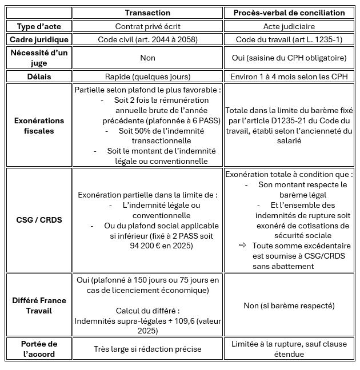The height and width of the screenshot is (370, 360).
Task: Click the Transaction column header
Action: pos(147,13)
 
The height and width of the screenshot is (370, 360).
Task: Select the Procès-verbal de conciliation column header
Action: pos(289,13)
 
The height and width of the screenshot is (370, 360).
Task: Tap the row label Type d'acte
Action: pos(39,26)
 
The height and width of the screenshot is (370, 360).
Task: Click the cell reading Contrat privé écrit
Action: pos(147,26)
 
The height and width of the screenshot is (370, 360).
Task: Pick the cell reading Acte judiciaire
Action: pos(289,26)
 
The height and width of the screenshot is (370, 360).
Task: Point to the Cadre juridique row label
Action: pos(39,39)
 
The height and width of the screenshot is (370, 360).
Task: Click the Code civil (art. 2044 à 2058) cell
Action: pos(147,39)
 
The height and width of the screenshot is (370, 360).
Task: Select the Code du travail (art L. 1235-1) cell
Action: pos(289,39)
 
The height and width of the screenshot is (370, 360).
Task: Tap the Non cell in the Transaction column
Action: pos(147,58)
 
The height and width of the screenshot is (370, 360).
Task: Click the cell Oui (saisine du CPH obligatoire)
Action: pos(289,58)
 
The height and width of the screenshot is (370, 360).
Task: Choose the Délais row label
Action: pos(39,76)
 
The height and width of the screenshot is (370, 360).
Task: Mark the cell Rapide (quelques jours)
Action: pos(147,76)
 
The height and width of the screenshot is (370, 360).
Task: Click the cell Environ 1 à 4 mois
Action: pos(289,76)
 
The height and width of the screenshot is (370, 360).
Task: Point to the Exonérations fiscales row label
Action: pos(39,126)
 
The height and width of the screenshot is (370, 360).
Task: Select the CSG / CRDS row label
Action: pos(39,220)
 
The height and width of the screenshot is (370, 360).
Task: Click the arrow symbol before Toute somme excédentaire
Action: pos(242,245)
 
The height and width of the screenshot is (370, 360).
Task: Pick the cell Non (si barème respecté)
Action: pos(289,305)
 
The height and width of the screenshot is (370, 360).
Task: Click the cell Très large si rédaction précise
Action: pos(147,348)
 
